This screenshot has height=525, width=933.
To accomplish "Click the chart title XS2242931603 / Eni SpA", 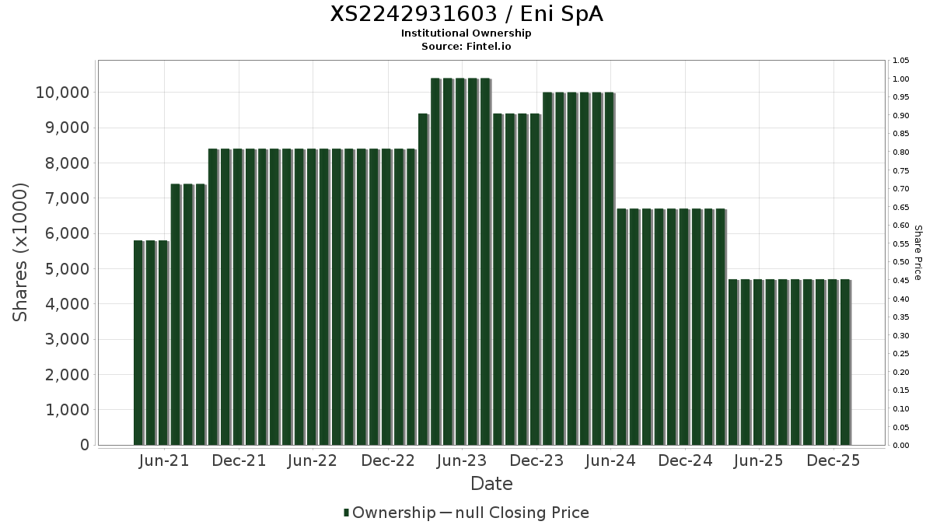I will [x=466, y=14].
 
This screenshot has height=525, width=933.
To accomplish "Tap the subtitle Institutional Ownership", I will [x=466, y=33].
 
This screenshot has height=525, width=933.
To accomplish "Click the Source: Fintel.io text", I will [x=466, y=46].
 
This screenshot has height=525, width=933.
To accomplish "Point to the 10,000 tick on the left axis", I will [x=61, y=93].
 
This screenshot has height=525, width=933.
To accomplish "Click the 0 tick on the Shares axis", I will [x=83, y=445].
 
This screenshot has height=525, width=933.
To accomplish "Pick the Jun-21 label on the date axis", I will [x=163, y=461].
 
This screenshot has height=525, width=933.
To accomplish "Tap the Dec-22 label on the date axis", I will [x=387, y=461].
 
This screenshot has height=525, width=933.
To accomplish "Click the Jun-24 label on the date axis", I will [x=610, y=461].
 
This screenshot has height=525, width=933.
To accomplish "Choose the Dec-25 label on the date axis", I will [x=833, y=461].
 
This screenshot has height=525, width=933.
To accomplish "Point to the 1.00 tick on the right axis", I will [x=901, y=79].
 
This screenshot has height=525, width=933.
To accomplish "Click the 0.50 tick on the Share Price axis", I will [x=901, y=262].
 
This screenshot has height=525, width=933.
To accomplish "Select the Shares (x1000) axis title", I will [x=21, y=252].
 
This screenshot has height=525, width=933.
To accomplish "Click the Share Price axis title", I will [x=917, y=253].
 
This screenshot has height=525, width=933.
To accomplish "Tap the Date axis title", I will [x=491, y=484].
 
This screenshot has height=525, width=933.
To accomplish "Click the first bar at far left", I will [x=138, y=342].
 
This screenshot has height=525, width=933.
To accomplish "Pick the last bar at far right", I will [x=845, y=362].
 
